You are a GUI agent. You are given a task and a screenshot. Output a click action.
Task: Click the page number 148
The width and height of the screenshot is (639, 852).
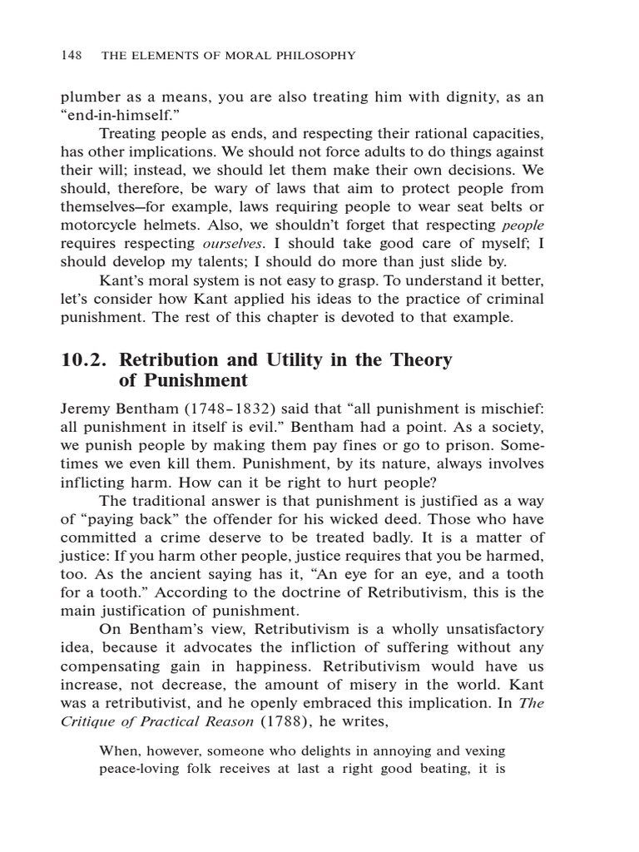point(71,56)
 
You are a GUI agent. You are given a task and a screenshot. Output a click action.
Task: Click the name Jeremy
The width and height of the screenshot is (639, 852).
point(87,409)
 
